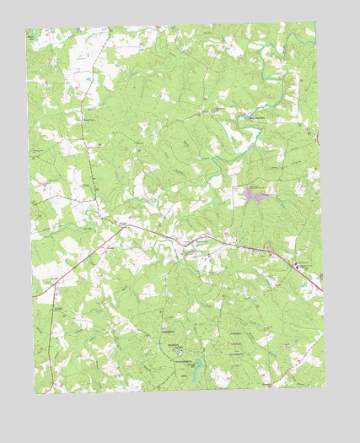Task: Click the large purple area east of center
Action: tap(256, 196)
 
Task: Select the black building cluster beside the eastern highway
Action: tap(297, 266)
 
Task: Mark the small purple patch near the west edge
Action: tap(41, 181)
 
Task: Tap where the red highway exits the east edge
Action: tap(323, 294)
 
